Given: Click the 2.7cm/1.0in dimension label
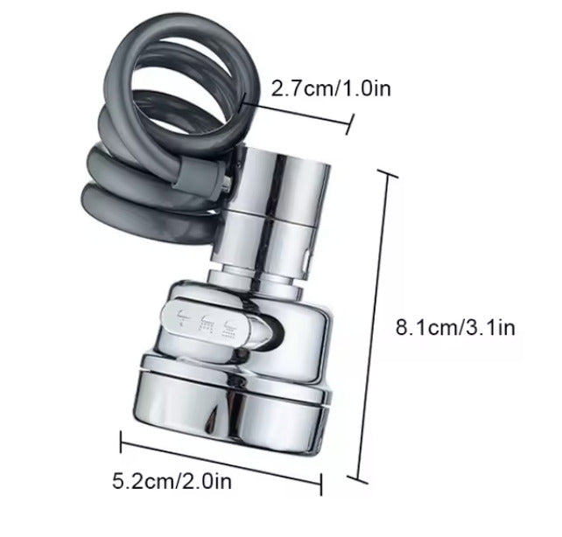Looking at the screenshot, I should click(x=319, y=88).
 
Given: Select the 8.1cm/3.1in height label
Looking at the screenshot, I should click(x=455, y=328).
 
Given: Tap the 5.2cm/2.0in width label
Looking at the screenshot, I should click(x=172, y=479).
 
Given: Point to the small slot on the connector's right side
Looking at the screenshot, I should click(x=306, y=260).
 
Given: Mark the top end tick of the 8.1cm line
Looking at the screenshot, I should click(x=386, y=175).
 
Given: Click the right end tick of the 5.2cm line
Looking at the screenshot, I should click(x=322, y=484).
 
